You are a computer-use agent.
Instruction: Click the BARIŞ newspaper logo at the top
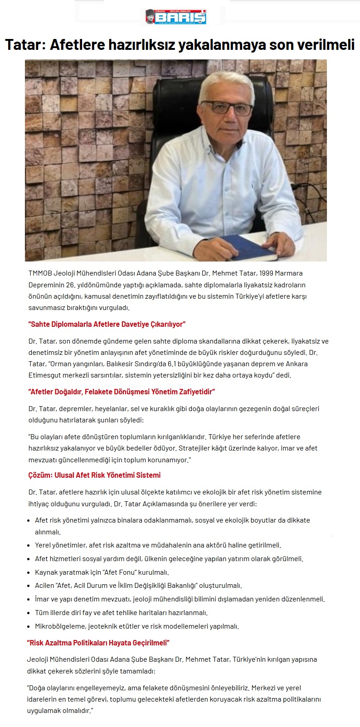click(x=175, y=17)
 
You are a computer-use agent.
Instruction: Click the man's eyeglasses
click(x=227, y=107)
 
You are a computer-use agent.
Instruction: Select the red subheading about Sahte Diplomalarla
click(x=107, y=324)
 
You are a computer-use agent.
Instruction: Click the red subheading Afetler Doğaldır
click(x=122, y=392)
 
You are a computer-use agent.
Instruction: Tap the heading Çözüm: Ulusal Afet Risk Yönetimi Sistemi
click(x=94, y=475)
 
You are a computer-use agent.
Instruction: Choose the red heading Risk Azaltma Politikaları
click(x=98, y=643)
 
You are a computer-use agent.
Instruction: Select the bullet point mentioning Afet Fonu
click(x=102, y=572)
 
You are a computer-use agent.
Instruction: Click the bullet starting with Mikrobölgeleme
click(x=136, y=626)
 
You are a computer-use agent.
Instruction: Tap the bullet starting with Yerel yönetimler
click(x=158, y=545)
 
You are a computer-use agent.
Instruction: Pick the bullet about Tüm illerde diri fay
click(x=121, y=613)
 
